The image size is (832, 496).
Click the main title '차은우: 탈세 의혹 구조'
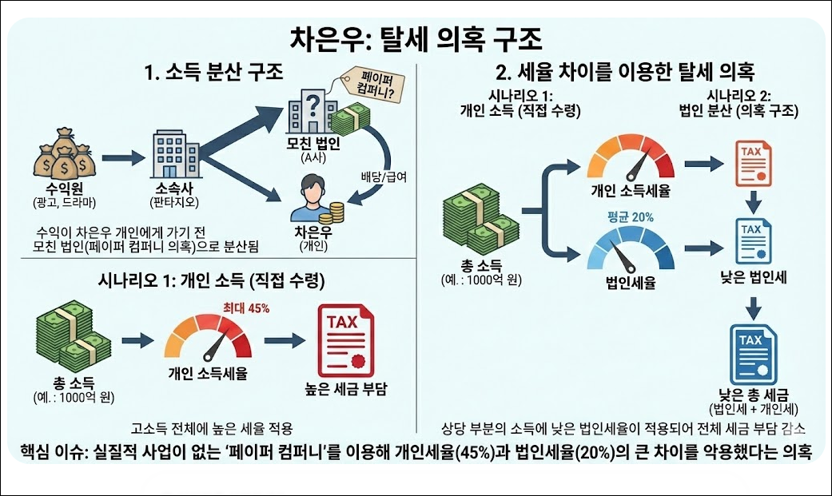[x=415, y=38]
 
